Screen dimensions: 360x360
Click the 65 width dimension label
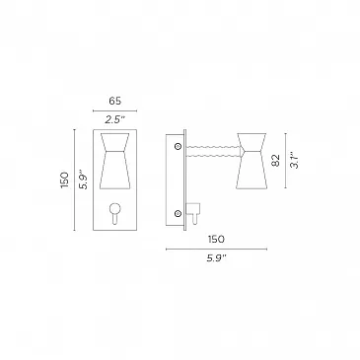click(x=115, y=101)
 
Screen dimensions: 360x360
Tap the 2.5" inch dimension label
click(x=115, y=119)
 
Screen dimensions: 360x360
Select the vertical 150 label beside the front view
click(x=64, y=180)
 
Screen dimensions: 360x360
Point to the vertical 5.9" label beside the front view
click(x=85, y=180)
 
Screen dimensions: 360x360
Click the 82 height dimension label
click(x=276, y=160)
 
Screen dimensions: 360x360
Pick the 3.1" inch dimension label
click(x=296, y=160)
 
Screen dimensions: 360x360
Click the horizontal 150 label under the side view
click(x=216, y=239)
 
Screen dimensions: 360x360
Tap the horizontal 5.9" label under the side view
click(x=217, y=258)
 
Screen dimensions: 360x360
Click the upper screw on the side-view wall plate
click(x=179, y=146)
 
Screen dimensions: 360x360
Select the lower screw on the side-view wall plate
click(x=179, y=214)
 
